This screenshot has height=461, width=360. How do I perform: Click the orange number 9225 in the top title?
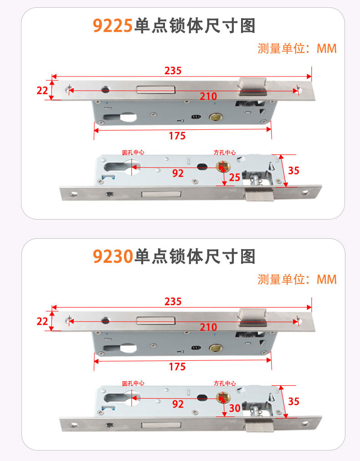(x=113, y=26)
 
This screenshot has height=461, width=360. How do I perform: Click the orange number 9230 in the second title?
(x=113, y=256)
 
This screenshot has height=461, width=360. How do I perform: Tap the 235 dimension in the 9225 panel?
(x=173, y=71)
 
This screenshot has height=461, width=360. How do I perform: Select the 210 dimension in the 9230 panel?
(x=208, y=327)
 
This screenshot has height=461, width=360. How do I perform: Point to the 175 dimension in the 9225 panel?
(x=177, y=136)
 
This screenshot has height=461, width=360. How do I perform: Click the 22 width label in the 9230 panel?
(x=42, y=321)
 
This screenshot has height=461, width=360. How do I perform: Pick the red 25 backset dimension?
(x=234, y=177)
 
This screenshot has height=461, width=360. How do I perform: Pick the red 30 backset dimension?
(x=235, y=408)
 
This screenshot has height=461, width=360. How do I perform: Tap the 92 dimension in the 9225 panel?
(x=178, y=173)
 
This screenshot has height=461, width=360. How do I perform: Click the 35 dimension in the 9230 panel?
(x=293, y=401)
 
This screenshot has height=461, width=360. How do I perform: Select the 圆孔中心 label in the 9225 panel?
(x=133, y=152)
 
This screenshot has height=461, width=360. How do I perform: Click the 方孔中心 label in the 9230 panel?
(x=225, y=383)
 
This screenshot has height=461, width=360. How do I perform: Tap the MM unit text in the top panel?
(x=326, y=48)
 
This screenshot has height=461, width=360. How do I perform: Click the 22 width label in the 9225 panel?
(x=42, y=90)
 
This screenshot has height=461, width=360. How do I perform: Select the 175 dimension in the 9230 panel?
(x=177, y=367)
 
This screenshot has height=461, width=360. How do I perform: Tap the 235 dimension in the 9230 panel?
(x=173, y=302)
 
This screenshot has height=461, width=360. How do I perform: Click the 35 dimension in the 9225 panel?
(x=293, y=170)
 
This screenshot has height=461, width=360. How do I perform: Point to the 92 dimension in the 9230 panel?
(x=178, y=404)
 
